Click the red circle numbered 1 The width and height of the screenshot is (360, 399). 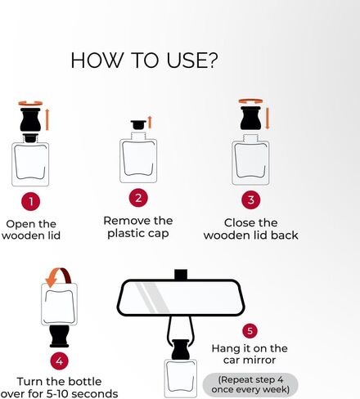(x=31, y=201)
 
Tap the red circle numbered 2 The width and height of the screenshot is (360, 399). (x=138, y=198)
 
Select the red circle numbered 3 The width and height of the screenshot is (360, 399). (x=251, y=199)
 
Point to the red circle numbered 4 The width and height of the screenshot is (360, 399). (x=60, y=361)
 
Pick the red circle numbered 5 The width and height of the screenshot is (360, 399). (x=250, y=331)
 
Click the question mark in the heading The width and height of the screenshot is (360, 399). (x=211, y=61)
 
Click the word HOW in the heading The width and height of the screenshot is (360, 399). (x=97, y=61)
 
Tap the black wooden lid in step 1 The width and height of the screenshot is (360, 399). (x=30, y=119)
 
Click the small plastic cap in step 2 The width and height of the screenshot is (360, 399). (x=138, y=124)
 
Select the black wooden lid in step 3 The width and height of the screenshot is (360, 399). (x=250, y=118)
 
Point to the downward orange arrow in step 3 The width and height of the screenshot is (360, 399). (x=268, y=119)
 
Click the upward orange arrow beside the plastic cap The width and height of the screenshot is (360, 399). (x=150, y=122)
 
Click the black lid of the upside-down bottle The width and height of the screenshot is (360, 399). (x=59, y=336)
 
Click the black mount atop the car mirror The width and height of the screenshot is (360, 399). (x=181, y=275)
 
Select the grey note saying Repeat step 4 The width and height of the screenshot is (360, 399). (x=250, y=384)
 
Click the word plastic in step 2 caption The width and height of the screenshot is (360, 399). (x=124, y=234)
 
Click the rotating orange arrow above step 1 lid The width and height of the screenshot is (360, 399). (x=30, y=103)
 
